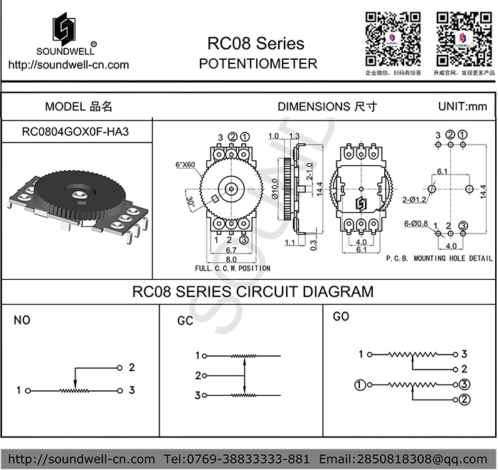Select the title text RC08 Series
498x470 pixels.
click(255, 44)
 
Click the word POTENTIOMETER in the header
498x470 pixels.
click(258, 63)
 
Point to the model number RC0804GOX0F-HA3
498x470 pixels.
click(76, 132)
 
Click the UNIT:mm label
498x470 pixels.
click(463, 107)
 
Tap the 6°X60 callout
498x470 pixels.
click(185, 165)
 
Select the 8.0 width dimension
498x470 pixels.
click(231, 260)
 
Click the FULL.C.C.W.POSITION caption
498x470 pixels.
click(233, 268)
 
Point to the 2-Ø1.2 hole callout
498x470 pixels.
click(414, 199)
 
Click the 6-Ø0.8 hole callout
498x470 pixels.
click(416, 224)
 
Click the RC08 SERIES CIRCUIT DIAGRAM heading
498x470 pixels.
click(253, 291)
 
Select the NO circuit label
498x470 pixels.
click(23, 320)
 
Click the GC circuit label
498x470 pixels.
click(186, 321)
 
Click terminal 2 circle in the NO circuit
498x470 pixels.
click(119, 368)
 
